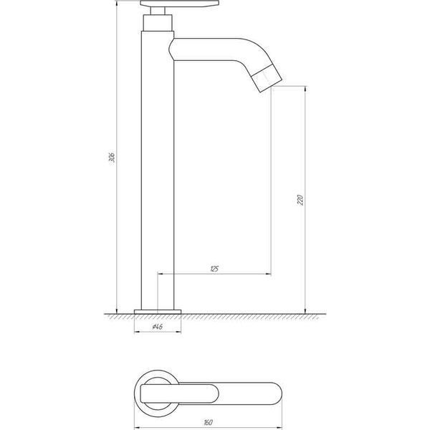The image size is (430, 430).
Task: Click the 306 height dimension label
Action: (x=112, y=157)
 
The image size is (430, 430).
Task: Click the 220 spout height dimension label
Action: (x=300, y=200)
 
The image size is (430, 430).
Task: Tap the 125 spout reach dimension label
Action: (x=214, y=269)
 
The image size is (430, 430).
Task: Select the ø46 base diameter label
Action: (x=158, y=327)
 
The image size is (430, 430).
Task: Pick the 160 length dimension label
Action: (x=208, y=422)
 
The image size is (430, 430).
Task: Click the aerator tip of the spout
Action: (x=267, y=78)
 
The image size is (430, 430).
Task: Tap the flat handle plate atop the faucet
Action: (x=180, y=4)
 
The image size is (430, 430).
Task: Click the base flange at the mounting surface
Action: (x=158, y=312)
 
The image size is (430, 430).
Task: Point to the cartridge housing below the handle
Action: (x=158, y=23)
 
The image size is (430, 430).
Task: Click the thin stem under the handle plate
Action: (x=158, y=11)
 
